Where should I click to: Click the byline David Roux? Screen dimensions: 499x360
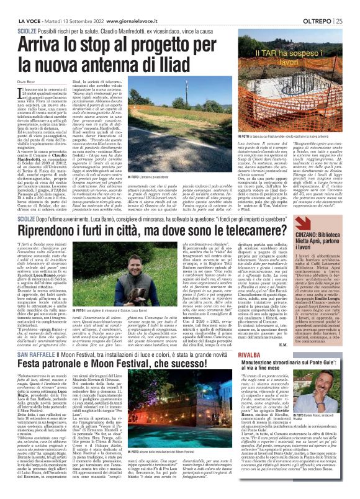pyautogui.click(x=25, y=81)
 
